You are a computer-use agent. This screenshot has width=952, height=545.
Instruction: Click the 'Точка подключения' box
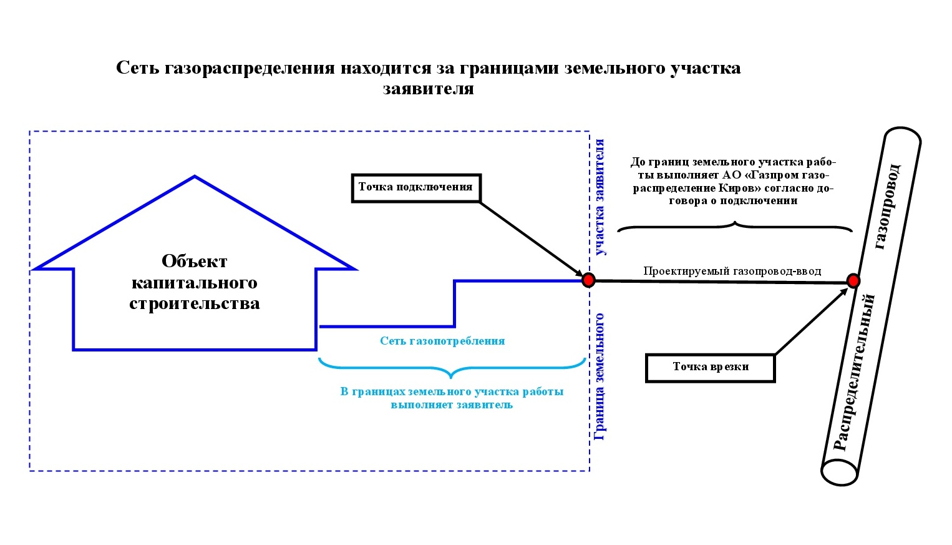pos(416,188)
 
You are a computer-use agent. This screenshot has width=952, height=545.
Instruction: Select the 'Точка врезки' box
pos(710,368)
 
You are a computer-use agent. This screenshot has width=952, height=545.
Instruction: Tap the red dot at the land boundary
pos(588,280)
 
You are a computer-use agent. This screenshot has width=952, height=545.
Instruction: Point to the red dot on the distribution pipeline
pos(853,281)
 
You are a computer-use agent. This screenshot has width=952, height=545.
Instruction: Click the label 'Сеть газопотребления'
pos(442,341)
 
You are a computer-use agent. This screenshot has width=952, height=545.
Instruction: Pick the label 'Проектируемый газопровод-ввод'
pos(732,271)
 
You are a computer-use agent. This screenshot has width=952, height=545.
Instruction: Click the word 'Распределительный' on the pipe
pos(854,373)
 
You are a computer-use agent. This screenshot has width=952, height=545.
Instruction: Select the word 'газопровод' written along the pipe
pos(887,207)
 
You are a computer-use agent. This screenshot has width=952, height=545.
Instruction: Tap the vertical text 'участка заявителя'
pos(600,197)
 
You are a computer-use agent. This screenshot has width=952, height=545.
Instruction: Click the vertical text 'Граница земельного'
pos(600,377)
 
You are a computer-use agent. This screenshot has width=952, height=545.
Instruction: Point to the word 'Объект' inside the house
pos(194,261)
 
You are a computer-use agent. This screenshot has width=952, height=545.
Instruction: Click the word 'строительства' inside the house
pos(194,303)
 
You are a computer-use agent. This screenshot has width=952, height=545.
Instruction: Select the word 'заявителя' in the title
pos(428,89)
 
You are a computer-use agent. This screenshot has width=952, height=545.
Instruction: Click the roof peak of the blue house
pos(195,175)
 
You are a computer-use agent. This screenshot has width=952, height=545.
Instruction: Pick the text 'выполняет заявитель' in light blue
pos(452,405)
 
